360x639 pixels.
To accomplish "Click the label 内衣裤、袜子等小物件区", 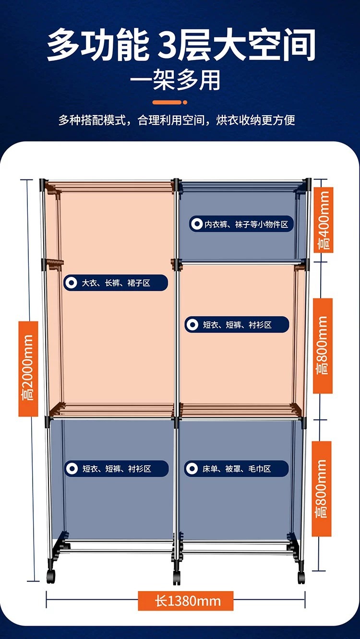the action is click(x=241, y=224).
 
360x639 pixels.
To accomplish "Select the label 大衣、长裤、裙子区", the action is click(x=116, y=283).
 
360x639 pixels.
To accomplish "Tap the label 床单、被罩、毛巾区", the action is click(x=237, y=469).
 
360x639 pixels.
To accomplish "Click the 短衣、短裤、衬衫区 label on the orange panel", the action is click(x=237, y=325).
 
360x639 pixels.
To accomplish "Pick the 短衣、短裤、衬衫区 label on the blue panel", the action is click(x=117, y=469).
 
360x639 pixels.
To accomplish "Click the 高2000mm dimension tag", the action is click(x=28, y=368).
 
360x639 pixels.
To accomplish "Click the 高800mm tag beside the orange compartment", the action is click(x=323, y=345).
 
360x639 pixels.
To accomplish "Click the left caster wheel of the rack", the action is click(x=51, y=576).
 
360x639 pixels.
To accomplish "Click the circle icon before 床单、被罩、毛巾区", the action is click(x=192, y=469).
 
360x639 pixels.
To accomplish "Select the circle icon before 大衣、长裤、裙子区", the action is click(x=72, y=283).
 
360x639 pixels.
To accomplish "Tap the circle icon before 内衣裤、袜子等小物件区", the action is click(x=196, y=224).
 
